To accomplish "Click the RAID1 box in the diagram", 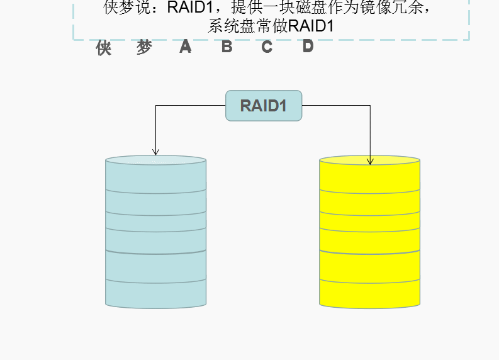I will (x=264, y=105).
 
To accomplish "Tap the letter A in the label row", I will (x=185, y=47).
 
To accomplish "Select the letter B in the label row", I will (x=227, y=47).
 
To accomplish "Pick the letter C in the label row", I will (x=267, y=47).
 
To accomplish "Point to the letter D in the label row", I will (x=308, y=46).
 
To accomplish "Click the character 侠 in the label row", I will (x=104, y=48).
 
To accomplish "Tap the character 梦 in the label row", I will (x=144, y=48).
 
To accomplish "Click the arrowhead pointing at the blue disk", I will (x=156, y=152).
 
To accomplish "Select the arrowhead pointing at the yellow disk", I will (x=370, y=162).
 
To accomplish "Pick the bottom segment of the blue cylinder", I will (x=156, y=295).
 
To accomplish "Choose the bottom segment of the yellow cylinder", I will (x=370, y=295).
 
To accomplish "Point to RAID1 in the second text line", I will (x=310, y=26).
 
